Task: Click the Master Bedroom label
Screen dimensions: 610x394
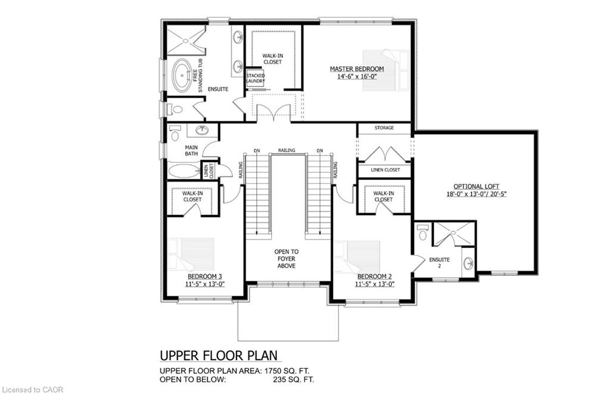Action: [x=357, y=69]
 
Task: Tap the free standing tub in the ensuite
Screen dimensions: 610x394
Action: [x=182, y=76]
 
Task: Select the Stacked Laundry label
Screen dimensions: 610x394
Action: [x=256, y=78]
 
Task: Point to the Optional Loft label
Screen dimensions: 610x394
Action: [x=476, y=187]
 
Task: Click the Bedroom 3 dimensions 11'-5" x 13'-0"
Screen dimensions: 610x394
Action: [x=205, y=284]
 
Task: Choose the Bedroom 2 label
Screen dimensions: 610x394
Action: [x=375, y=277]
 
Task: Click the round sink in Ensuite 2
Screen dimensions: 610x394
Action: [x=468, y=263]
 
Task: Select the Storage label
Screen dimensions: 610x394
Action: [x=384, y=128]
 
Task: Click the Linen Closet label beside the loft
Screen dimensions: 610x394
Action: [x=385, y=170]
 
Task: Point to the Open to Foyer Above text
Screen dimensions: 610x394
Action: [x=287, y=259]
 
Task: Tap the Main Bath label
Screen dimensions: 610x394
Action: [x=191, y=151]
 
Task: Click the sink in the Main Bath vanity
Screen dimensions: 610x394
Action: [x=202, y=131]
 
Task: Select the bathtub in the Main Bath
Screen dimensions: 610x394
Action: [x=183, y=171]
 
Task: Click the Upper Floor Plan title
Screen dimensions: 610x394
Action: [x=219, y=355]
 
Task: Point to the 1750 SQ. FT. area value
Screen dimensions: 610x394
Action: [x=287, y=371]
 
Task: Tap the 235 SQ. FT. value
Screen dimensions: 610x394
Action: [x=293, y=380]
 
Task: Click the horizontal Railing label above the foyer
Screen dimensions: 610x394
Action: [x=287, y=150]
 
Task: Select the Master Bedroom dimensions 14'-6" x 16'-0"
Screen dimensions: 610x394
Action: [x=357, y=77]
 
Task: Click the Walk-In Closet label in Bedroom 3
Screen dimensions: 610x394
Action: [x=192, y=196]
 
